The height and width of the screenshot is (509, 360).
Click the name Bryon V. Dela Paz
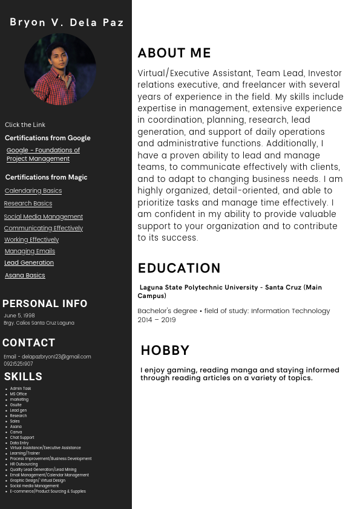tap(67, 22)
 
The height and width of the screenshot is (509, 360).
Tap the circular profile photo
tap(60, 69)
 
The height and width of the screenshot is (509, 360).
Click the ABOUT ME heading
tap(174, 53)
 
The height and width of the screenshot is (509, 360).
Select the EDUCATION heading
tap(179, 268)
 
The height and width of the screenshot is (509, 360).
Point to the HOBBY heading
tap(165, 351)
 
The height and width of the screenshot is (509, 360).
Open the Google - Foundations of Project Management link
tap(43, 154)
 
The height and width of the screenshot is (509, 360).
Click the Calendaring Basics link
tap(33, 191)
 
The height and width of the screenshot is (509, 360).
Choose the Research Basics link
tap(28, 204)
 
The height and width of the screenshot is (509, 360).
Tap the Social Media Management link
tap(44, 216)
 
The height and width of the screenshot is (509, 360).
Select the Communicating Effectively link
tap(44, 229)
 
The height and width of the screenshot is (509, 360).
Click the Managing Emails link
tap(30, 251)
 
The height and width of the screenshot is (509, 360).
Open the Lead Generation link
tap(29, 263)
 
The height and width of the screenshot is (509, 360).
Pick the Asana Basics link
tap(25, 276)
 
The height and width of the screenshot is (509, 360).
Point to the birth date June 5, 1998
tap(19, 316)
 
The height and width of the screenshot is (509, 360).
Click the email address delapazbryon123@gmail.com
tap(56, 357)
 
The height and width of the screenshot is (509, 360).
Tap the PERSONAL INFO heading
tap(45, 303)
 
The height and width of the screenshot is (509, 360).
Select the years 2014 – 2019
tap(157, 320)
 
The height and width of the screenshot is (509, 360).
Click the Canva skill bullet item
tap(16, 432)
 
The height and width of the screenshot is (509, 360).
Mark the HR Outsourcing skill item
tap(24, 464)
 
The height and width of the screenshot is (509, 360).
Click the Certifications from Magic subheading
tap(46, 177)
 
